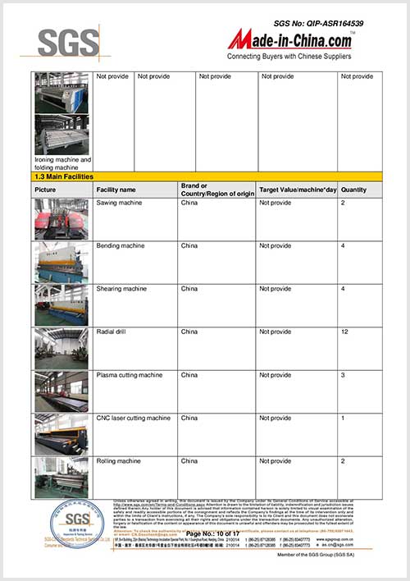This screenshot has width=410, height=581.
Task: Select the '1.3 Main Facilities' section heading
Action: coord(64,176)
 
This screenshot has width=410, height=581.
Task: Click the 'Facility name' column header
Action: coord(116,190)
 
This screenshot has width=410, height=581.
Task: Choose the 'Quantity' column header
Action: coord(353,190)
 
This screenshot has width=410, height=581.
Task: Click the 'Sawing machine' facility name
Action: coord(119,203)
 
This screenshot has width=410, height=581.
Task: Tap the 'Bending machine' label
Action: coord(121,245)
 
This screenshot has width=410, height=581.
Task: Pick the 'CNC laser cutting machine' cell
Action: coord(133,418)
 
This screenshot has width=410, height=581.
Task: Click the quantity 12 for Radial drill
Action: coord(344,332)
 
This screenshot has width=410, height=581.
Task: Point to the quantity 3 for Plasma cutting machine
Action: coord(343,375)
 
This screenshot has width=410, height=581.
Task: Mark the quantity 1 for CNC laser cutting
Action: coord(343,418)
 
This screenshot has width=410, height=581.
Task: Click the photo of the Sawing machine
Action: coord(61,218)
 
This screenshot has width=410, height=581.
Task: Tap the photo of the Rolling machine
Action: coord(61,477)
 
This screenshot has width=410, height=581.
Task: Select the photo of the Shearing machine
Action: coord(61,304)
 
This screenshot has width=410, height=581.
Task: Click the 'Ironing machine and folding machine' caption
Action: coord(62,163)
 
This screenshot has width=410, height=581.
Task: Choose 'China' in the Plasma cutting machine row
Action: coord(189,375)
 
